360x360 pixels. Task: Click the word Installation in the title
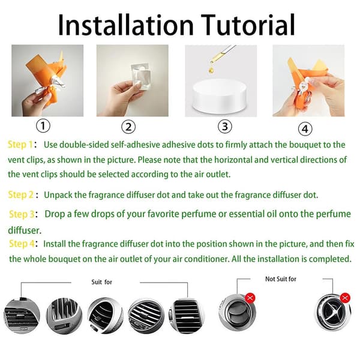(126, 25)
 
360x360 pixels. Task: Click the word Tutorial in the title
(248, 25)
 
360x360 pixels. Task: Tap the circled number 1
(43, 126)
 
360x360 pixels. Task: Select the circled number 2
(128, 127)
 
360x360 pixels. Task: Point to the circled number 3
(225, 127)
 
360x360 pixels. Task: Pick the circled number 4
(305, 129)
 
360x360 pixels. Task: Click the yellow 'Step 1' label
(20, 145)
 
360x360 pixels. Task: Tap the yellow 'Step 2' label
(21, 195)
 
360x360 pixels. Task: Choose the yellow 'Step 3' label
(22, 214)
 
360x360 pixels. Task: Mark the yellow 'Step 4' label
(22, 244)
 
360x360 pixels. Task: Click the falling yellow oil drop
(211, 70)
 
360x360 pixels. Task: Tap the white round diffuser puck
(220, 96)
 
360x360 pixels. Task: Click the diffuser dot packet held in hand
(141, 76)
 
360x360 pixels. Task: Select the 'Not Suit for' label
(281, 279)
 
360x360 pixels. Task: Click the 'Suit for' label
(102, 282)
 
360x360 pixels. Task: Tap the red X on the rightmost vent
(345, 298)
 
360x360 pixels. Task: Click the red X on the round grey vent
(250, 298)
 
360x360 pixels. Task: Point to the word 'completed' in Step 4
(330, 259)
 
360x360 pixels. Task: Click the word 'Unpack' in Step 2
(58, 195)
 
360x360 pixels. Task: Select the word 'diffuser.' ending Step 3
(25, 230)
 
